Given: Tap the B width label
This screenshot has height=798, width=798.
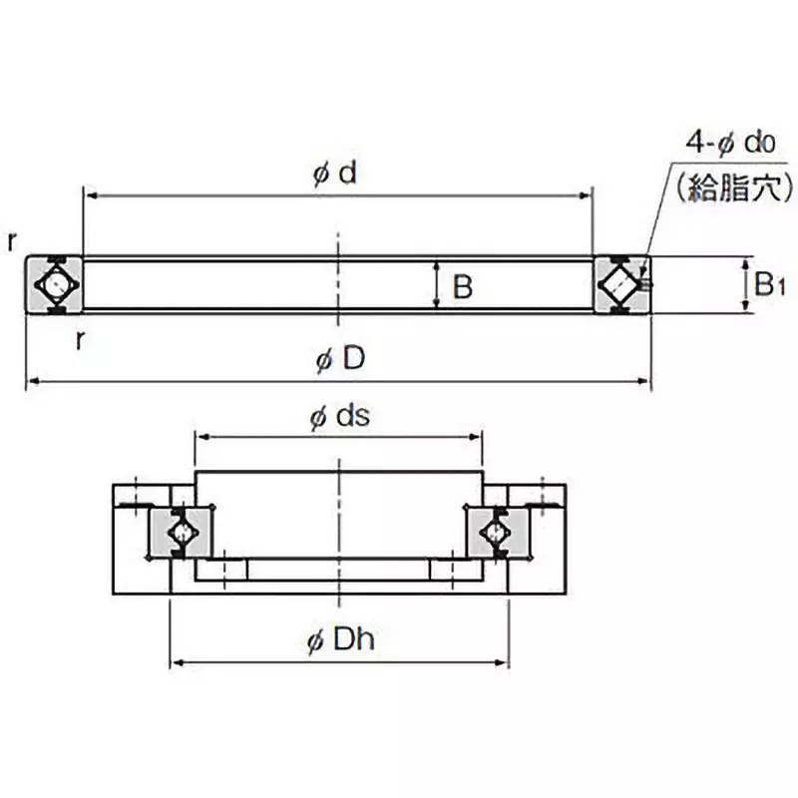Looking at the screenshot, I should point(462,288).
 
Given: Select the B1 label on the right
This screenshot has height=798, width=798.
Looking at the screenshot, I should point(769,286).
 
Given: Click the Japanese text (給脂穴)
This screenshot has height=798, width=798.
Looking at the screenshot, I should point(733,188).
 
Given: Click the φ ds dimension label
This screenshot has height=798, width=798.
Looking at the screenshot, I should point(339,418).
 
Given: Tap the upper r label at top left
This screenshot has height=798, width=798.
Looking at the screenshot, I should point(11,240).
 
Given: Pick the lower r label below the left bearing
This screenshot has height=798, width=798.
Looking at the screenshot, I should point(80,339).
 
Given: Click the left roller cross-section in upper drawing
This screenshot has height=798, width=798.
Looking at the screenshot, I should point(53,285).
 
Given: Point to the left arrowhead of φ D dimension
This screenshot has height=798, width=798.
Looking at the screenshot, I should point(31,380).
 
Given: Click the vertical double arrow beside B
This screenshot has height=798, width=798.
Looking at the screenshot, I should point(437,286).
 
